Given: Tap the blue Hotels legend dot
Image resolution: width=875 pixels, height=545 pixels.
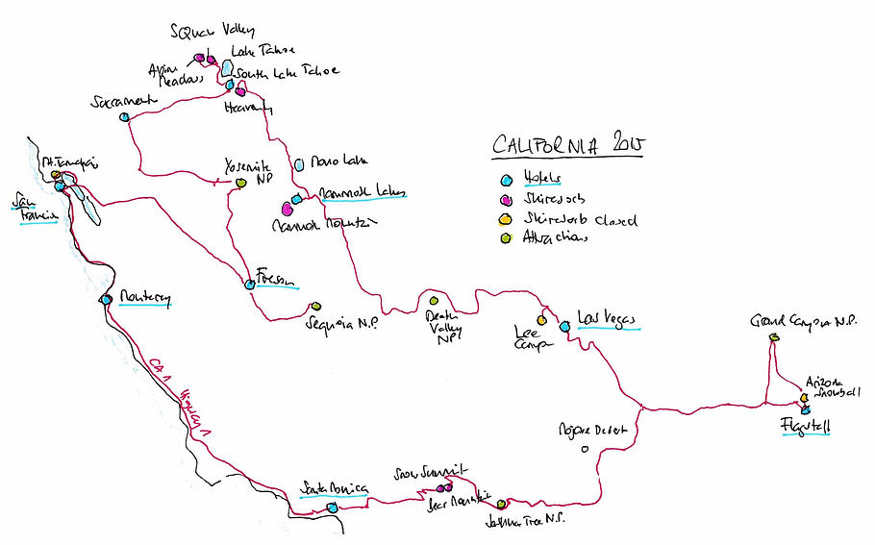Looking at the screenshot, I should pos(508,180).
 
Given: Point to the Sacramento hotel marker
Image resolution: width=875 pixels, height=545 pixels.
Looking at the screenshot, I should pos(125,117).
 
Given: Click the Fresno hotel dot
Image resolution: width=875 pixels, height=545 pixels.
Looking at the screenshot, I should pos(250,284).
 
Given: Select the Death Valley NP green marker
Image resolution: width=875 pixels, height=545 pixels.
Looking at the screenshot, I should pos(434,302).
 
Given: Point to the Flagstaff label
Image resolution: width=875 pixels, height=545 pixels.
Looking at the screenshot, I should pos(806,426).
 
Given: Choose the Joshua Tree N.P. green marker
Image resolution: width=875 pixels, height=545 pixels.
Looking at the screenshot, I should pos(501,504).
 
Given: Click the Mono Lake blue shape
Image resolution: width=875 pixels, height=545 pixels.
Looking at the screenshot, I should pos(299,164).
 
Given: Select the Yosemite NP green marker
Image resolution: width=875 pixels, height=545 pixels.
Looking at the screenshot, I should pos(240,183).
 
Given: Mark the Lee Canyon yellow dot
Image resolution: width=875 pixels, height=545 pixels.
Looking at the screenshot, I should pos(542,320).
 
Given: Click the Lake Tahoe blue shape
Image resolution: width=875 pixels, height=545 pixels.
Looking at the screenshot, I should pos(227,68).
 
